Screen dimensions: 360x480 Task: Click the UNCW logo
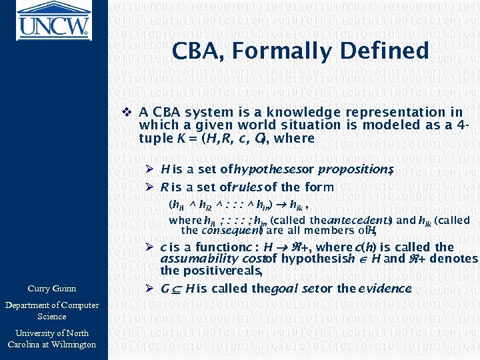coord(53,21)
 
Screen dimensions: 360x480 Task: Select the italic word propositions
coord(355,170)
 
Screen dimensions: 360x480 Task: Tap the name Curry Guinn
coord(52,289)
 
